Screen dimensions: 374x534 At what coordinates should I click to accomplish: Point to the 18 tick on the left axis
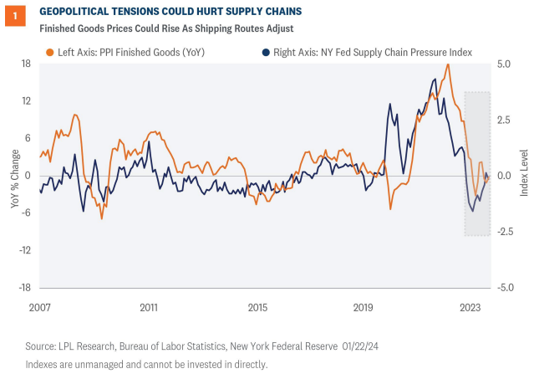coord(26,64)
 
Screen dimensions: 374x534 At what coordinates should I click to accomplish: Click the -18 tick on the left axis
coord(24,286)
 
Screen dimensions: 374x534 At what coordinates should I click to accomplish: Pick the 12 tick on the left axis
coord(26,101)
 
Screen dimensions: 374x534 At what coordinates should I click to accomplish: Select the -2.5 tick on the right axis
coord(504,231)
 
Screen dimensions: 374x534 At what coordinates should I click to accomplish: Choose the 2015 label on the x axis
coord(257,307)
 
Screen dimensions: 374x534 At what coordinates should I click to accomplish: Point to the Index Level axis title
coord(524,175)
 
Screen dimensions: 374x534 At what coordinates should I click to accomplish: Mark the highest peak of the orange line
coord(448,64)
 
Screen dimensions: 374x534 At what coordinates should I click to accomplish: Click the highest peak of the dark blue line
coord(434,79)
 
